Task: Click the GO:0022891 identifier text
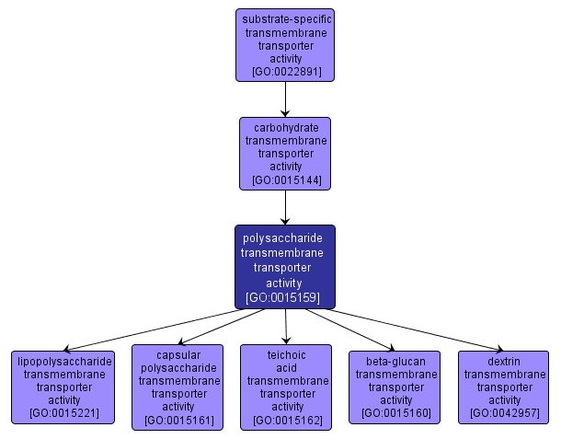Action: pyautogui.click(x=285, y=71)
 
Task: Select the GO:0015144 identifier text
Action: pyautogui.click(x=285, y=181)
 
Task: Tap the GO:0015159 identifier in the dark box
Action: pyautogui.click(x=285, y=298)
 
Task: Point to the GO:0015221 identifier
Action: pyautogui.click(x=63, y=413)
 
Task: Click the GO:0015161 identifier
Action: pyautogui.click(x=177, y=421)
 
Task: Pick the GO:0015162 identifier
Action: pyautogui.click(x=287, y=421)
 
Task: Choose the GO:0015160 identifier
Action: pyautogui.click(x=395, y=413)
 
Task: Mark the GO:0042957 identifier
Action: pyautogui.click(x=504, y=413)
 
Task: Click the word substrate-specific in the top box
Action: pyautogui.click(x=285, y=18)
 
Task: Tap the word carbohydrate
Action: pyautogui.click(x=285, y=128)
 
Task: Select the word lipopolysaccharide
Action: pyautogui.click(x=63, y=361)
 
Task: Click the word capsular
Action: pyautogui.click(x=177, y=354)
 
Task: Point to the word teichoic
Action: pyautogui.click(x=287, y=354)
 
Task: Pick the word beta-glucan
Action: pyautogui.click(x=395, y=361)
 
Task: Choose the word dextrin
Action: pyautogui.click(x=504, y=361)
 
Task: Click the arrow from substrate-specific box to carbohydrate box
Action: pyautogui.click(x=285, y=98)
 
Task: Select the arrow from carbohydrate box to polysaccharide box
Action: pyautogui.click(x=285, y=208)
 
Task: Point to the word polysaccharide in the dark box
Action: pyautogui.click(x=285, y=237)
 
